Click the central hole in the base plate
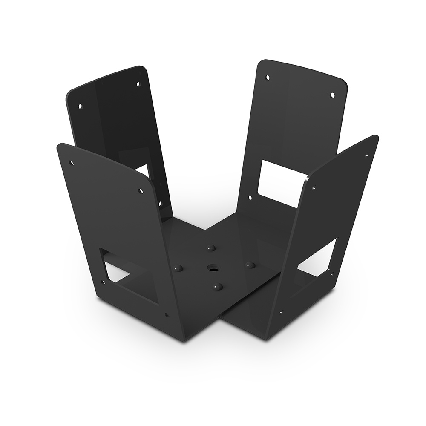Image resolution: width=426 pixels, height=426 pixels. click(x=212, y=268)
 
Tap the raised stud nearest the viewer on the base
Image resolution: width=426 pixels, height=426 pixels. click(x=218, y=287)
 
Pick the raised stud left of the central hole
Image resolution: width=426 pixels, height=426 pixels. click(x=178, y=268)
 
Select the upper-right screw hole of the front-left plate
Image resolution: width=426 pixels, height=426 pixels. click(x=141, y=190)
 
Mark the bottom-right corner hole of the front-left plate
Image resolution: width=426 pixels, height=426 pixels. click(x=166, y=316)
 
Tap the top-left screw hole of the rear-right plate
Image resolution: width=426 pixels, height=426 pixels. click(x=268, y=78)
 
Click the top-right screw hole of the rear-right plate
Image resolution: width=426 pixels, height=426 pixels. click(x=332, y=95)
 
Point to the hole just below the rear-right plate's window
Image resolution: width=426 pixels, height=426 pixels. click(x=250, y=197)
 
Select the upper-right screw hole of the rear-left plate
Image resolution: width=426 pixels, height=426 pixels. click(x=138, y=84)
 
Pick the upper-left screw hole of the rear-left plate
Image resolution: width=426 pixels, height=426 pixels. click(x=80, y=104)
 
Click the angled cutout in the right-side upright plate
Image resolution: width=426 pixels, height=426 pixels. click(x=317, y=256)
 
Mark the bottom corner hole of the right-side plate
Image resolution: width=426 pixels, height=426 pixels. click(x=281, y=312)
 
